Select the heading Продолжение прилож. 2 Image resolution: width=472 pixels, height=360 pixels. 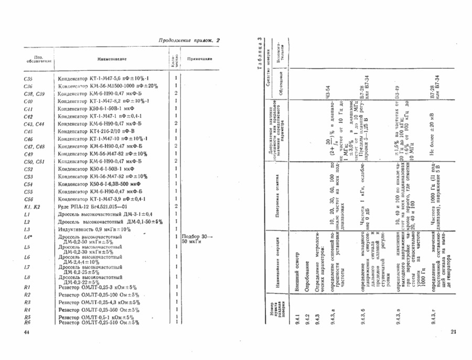[x=189, y=41]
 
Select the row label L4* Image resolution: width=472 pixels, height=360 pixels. [x=28, y=238]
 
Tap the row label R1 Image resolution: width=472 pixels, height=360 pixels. [x=28, y=287]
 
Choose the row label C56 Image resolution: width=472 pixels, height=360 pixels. [x=28, y=199]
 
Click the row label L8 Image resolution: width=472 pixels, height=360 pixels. [x=28, y=277]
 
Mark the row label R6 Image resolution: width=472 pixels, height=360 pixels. [x=28, y=322]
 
